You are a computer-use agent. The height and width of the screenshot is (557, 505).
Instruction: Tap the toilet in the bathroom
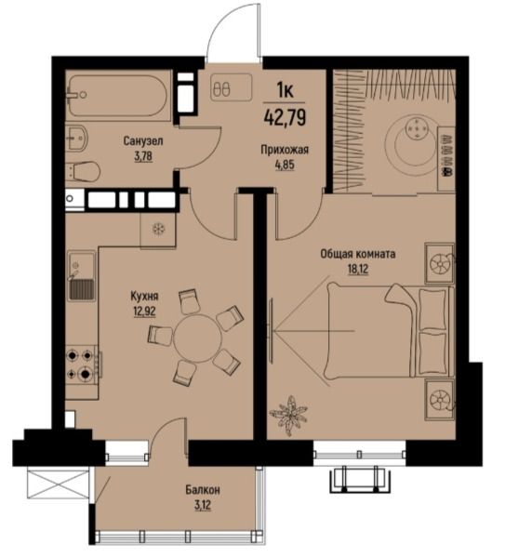(84, 171)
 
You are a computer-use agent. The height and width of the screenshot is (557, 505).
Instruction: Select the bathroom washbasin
(77, 139)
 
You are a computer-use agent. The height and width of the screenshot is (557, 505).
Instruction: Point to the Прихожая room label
(285, 151)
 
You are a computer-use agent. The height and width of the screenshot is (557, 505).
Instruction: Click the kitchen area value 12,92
(145, 312)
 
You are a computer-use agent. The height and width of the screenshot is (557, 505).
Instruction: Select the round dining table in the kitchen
(198, 338)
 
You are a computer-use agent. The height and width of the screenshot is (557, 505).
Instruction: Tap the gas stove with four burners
(83, 365)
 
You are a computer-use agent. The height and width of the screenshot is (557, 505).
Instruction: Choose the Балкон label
(203, 490)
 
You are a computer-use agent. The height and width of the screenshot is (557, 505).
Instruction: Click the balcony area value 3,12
(203, 505)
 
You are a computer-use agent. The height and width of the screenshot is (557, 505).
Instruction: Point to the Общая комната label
(358, 255)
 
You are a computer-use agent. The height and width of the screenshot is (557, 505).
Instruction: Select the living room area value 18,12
(358, 270)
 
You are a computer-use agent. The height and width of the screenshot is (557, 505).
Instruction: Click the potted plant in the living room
(288, 415)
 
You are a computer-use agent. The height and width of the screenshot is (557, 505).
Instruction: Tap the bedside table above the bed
(440, 263)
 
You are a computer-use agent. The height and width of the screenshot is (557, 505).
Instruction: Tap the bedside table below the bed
(440, 400)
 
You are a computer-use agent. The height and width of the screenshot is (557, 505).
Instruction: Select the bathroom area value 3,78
(143, 156)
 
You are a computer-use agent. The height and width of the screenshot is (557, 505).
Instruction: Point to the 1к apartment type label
(285, 91)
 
